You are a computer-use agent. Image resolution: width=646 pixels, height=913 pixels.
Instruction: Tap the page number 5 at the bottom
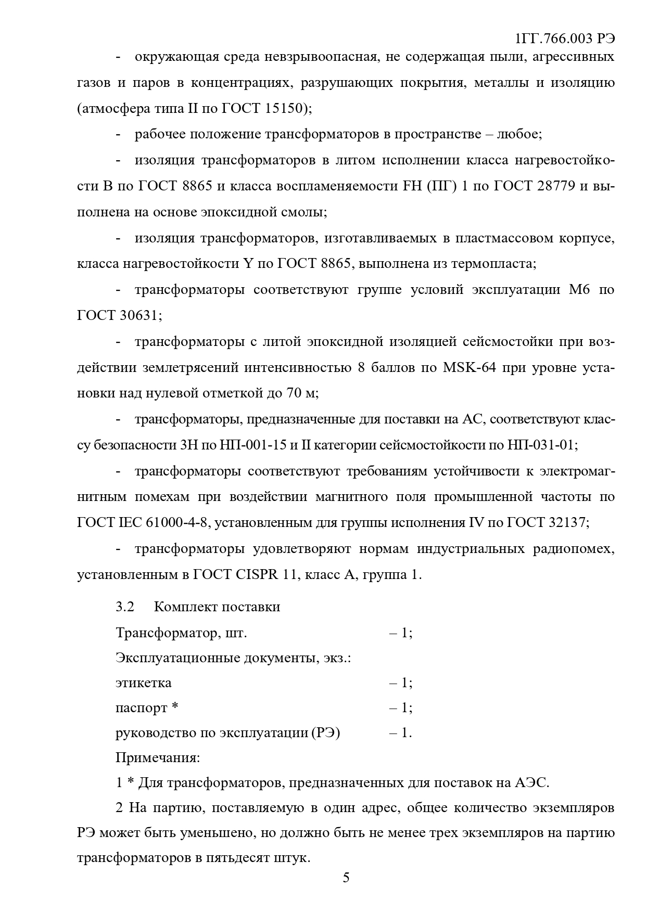click(x=346, y=878)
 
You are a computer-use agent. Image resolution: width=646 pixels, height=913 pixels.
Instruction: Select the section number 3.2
click(x=125, y=607)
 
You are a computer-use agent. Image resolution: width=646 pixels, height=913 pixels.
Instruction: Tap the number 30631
click(x=137, y=315)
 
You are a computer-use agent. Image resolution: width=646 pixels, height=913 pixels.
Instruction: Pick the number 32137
click(x=567, y=523)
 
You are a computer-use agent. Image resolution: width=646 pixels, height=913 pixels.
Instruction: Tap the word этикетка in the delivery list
click(x=143, y=683)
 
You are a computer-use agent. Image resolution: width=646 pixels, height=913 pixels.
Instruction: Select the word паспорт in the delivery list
click(x=142, y=708)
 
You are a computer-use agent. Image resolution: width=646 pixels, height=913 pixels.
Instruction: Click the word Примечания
click(x=157, y=757)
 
